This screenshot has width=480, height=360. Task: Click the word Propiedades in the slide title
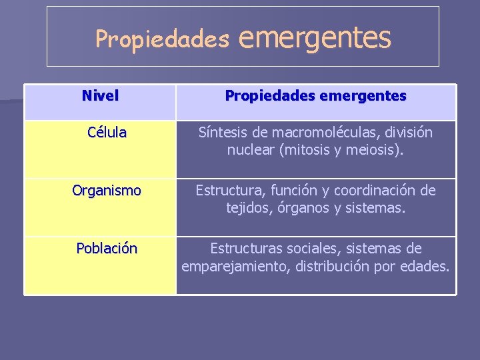162,39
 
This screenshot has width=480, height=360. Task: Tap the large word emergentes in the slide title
314,37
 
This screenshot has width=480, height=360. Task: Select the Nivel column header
100,96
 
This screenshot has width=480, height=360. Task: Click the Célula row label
107,132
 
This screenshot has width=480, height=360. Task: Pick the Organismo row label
107,191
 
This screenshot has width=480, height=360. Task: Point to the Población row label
107,249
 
